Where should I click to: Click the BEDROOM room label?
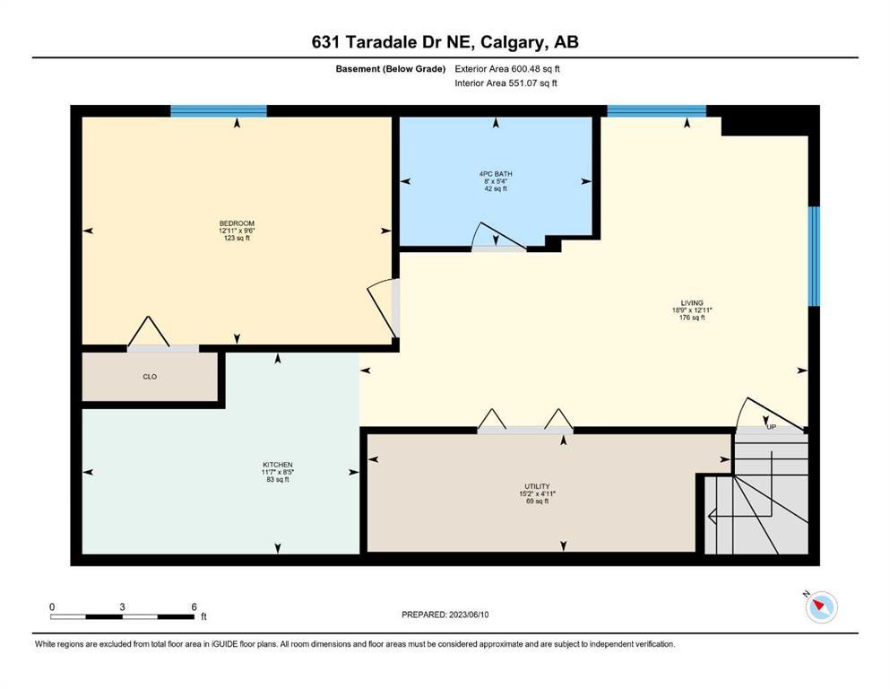tap(237, 223)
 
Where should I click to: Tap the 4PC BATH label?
tap(496, 174)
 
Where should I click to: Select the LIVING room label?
tap(692, 302)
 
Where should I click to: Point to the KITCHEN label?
tap(278, 465)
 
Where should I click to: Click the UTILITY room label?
tap(537, 486)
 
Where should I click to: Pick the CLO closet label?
tap(150, 377)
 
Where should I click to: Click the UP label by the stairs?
tap(772, 426)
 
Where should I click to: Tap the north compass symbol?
tap(821, 606)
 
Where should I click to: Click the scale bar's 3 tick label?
tap(122, 606)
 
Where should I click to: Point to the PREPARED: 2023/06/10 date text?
tap(445, 615)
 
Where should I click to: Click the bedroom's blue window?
tap(219, 110)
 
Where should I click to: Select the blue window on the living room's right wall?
tap(814, 257)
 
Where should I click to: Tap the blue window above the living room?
tap(657, 110)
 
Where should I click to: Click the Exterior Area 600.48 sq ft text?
tap(507, 69)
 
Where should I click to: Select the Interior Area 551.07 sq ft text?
tap(505, 83)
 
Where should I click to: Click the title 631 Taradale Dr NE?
tap(392, 42)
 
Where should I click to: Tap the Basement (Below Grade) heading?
tap(391, 69)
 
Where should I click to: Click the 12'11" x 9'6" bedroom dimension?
tap(237, 231)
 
